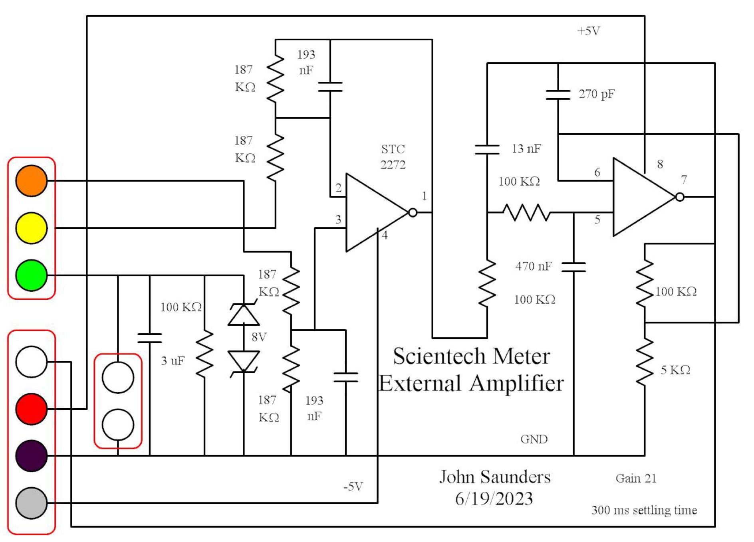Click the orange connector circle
(31, 181)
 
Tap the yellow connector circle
(31, 228)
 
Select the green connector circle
(31, 275)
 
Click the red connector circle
(31, 409)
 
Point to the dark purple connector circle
(31, 456)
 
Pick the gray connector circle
(31, 503)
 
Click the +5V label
(588, 31)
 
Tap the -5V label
(353, 487)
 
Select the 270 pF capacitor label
(597, 94)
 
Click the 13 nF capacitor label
(526, 149)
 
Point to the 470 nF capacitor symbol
(573, 267)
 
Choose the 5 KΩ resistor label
(675, 370)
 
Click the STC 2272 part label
(393, 157)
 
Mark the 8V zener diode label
(259, 337)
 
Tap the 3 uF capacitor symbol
(150, 338)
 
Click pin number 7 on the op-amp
(684, 180)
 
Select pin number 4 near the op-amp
(385, 235)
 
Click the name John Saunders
(495, 477)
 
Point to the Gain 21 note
(636, 478)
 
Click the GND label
(534, 439)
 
